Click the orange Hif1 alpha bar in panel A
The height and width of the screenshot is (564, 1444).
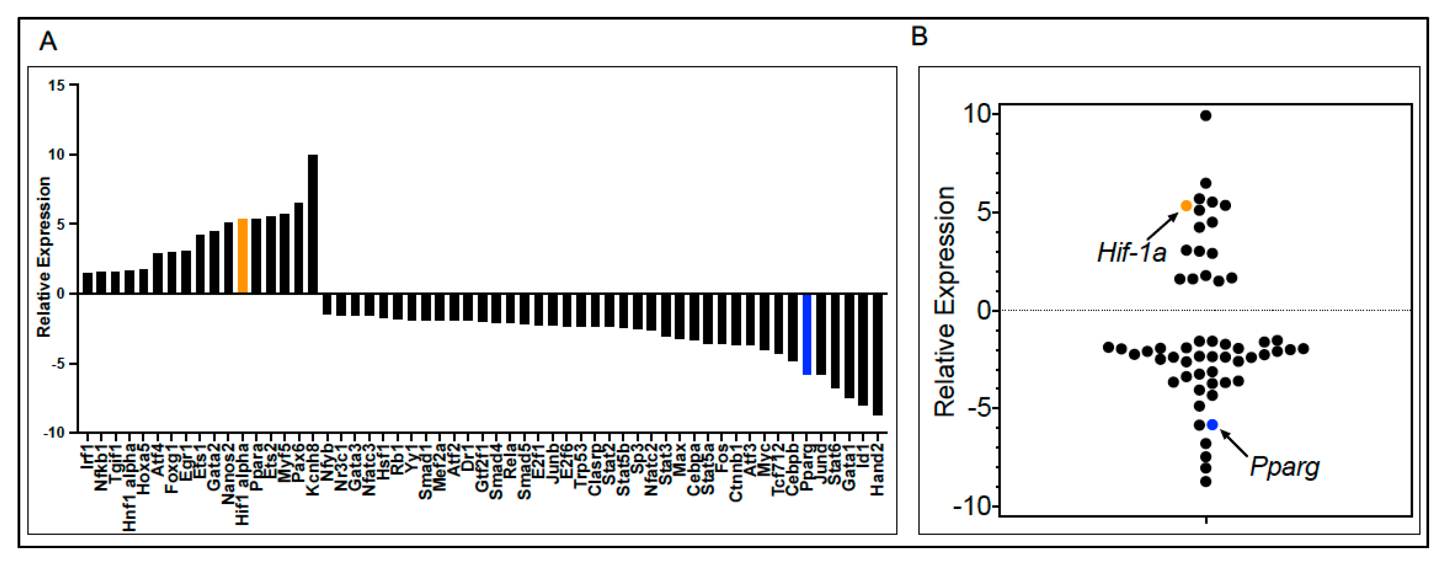(243, 256)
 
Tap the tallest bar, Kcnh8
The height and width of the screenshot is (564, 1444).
(313, 224)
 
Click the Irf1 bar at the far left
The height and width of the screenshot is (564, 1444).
(87, 283)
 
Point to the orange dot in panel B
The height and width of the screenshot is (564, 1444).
(1186, 206)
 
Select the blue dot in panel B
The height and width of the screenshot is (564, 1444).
(1212, 424)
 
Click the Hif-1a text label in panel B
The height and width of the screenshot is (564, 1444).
(1132, 253)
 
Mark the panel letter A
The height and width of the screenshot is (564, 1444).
(48, 42)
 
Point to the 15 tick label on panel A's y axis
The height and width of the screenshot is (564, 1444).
(57, 86)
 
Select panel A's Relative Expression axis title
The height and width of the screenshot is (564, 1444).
(44, 257)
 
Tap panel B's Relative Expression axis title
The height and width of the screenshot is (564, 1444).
(945, 302)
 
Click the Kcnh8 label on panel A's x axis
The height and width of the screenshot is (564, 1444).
(313, 470)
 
